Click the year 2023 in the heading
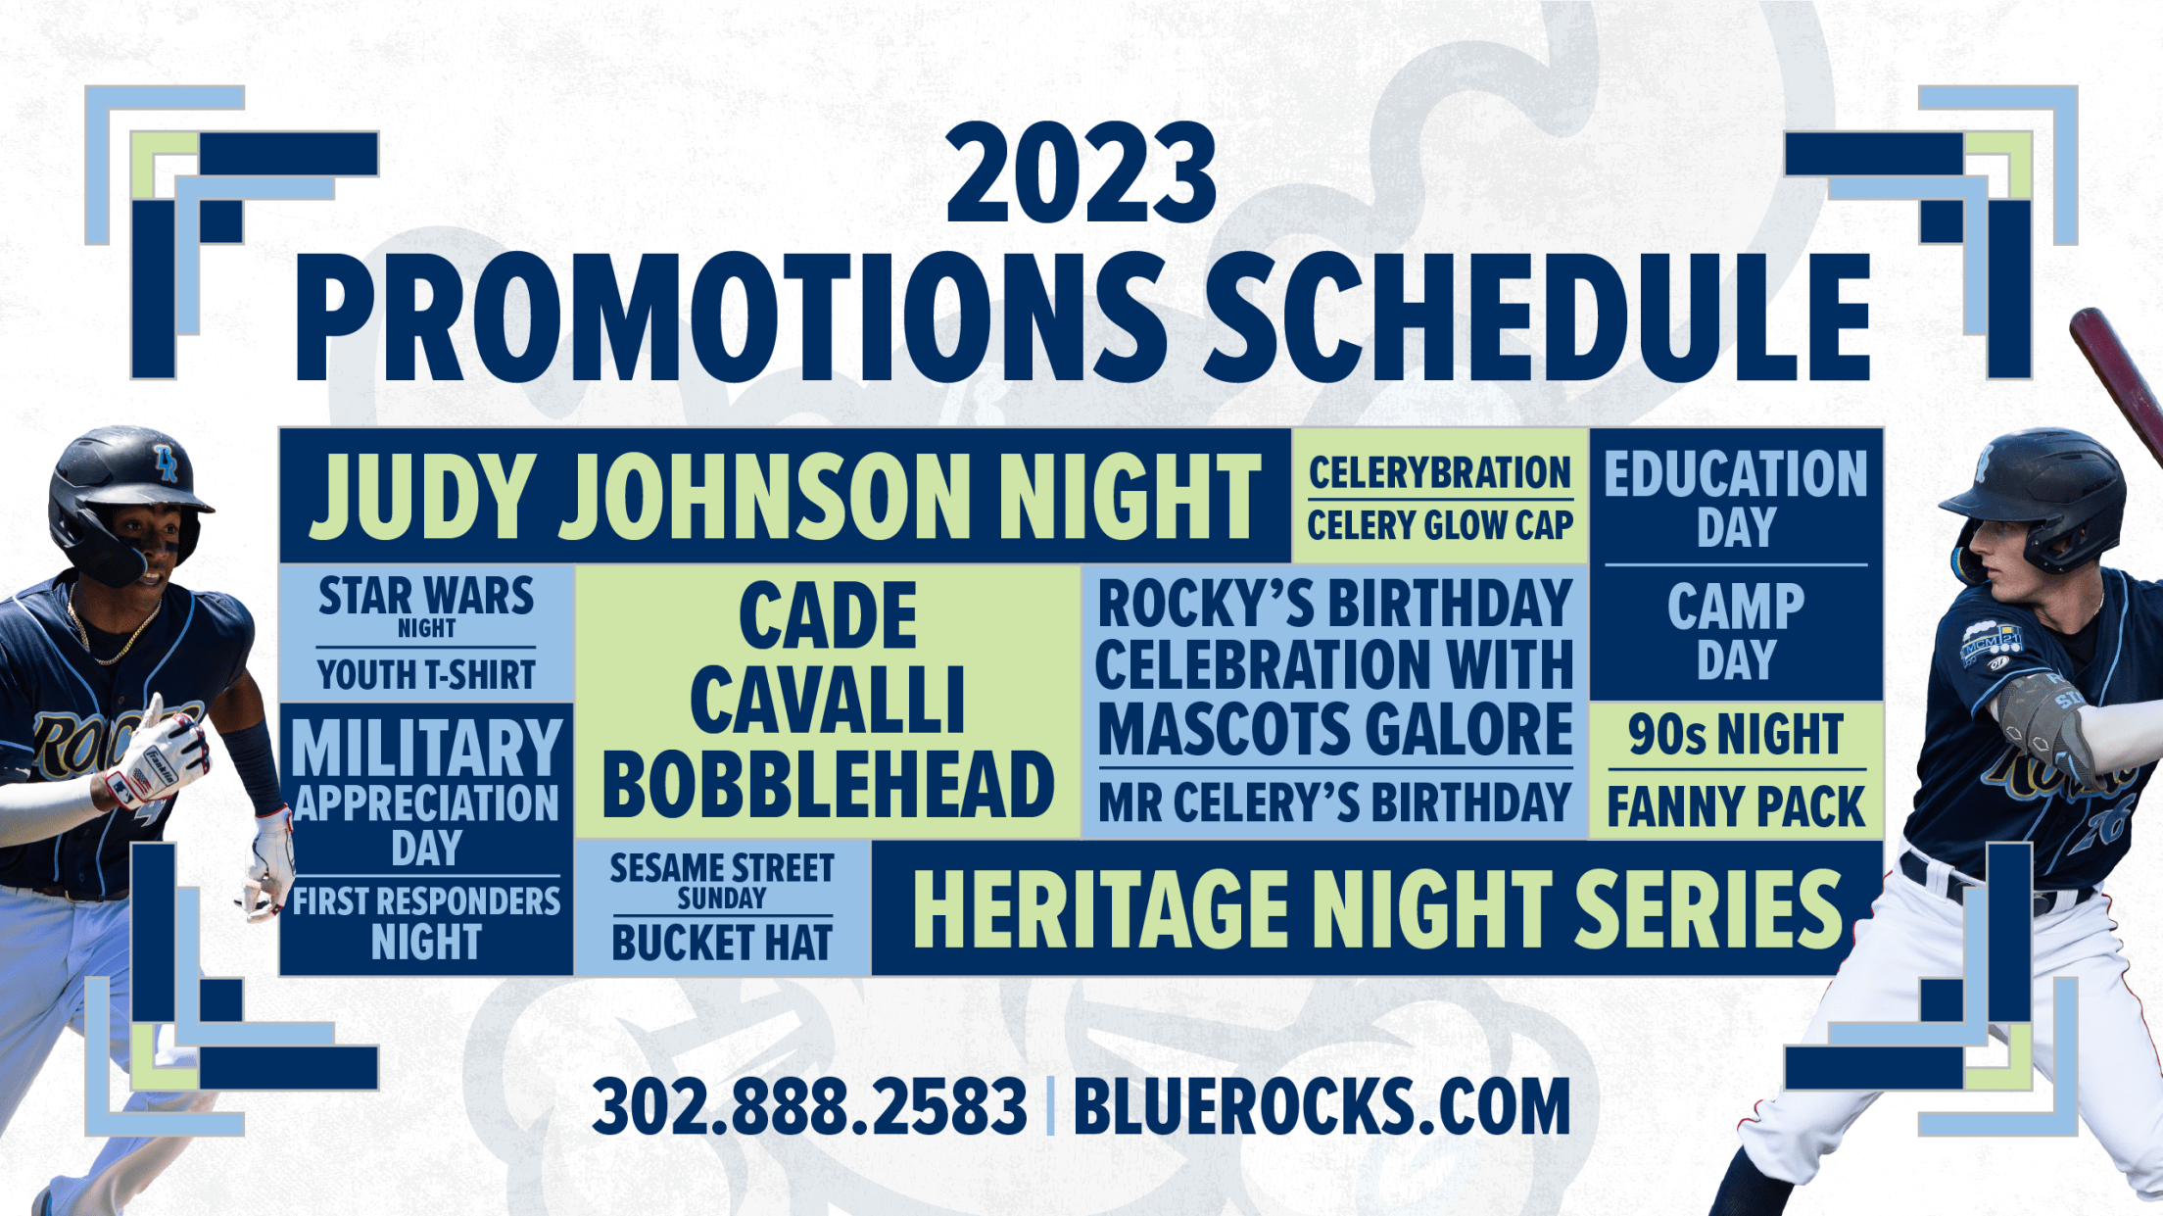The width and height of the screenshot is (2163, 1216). pos(1081,173)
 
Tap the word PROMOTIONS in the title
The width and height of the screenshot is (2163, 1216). pos(731,316)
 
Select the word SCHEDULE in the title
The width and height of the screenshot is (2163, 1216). pos(1538,316)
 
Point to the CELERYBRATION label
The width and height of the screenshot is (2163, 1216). pos(1440,473)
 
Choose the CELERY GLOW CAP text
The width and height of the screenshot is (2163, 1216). pos(1440,525)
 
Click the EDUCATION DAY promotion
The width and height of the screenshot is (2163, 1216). pos(1736,500)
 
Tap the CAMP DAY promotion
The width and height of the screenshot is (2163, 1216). pos(1736,632)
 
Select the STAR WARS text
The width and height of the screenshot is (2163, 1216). pos(426,596)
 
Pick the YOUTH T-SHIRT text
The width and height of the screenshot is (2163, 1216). pos(426,675)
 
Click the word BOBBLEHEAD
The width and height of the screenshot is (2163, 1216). pos(828,785)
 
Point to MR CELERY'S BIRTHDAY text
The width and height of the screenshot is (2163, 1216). pos(1334,803)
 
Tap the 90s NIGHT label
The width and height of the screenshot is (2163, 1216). pos(1736,735)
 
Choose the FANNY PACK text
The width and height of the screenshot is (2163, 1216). pos(1736,807)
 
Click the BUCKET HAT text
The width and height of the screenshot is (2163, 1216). pos(722,943)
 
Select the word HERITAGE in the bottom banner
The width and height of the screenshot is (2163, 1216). pos(1100,910)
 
